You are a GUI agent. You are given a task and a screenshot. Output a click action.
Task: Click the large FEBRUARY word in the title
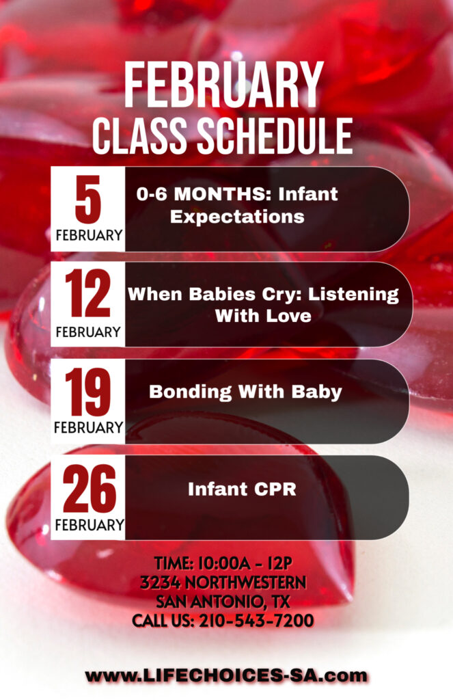click(x=223, y=85)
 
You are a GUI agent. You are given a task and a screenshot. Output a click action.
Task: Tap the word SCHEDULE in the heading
click(x=275, y=136)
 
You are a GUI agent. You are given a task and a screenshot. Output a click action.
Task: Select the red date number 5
click(x=88, y=199)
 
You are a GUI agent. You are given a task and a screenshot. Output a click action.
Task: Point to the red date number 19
click(x=88, y=392)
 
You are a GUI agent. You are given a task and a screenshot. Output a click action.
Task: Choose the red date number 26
click(x=90, y=488)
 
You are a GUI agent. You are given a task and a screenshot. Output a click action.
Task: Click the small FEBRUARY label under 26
click(x=90, y=524)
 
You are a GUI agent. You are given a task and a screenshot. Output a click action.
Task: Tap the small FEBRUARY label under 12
click(x=88, y=332)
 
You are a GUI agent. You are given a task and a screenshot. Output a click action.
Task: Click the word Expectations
click(x=238, y=217)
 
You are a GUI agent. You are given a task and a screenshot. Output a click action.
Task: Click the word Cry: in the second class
click(x=282, y=294)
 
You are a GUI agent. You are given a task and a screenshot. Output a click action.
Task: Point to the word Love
click(x=288, y=316)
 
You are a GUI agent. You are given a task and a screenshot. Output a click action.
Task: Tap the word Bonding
click(x=191, y=392)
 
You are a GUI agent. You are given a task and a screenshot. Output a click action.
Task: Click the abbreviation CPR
click(x=275, y=489)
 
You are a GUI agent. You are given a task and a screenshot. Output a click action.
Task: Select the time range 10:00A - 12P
click(x=245, y=563)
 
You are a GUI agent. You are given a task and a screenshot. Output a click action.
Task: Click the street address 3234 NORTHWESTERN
click(x=223, y=582)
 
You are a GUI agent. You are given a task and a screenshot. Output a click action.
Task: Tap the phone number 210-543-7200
click(x=256, y=621)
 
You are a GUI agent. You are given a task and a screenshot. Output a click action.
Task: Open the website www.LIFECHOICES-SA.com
click(x=226, y=675)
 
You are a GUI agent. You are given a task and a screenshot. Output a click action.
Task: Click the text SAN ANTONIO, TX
click(x=223, y=602)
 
